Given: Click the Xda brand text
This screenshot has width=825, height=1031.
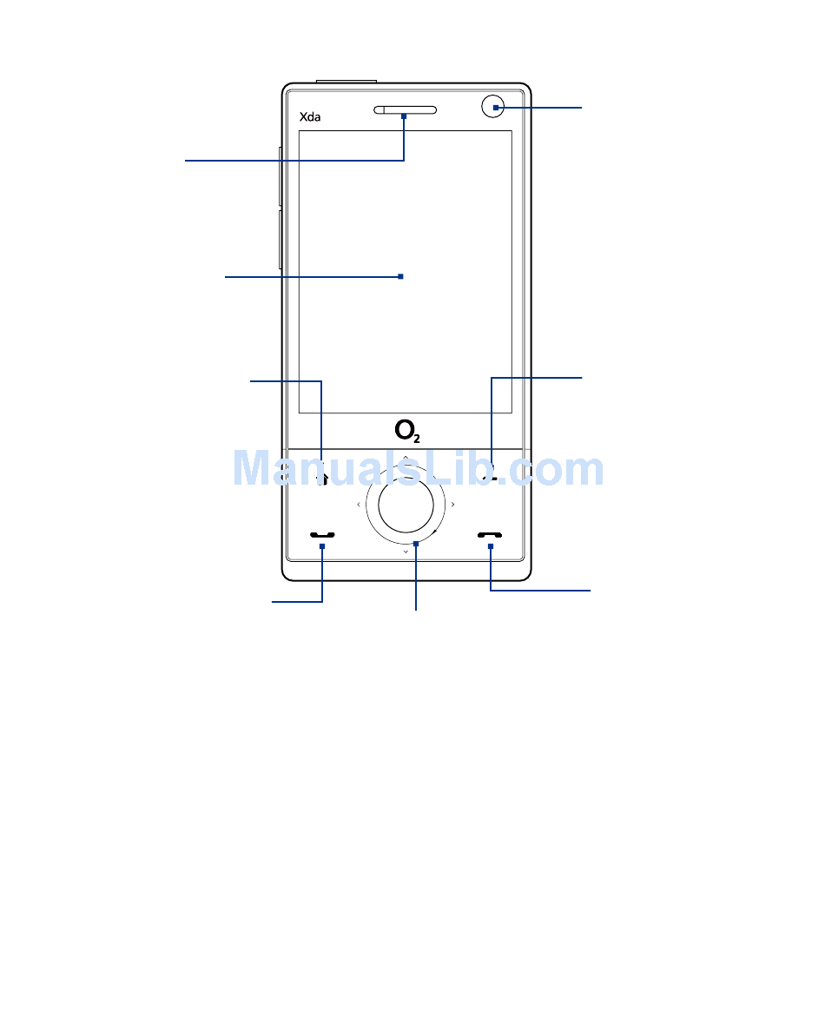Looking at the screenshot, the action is tap(310, 117).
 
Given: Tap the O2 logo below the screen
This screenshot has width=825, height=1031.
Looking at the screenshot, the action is tap(407, 431).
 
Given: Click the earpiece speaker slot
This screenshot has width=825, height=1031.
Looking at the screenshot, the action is tap(405, 109).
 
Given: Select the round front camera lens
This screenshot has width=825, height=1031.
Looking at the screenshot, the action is tap(493, 107).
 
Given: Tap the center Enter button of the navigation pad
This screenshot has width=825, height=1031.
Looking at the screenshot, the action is tap(406, 505).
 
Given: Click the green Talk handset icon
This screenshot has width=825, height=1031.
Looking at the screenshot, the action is tap(322, 535).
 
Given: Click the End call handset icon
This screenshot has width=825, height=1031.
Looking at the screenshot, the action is tap(490, 535).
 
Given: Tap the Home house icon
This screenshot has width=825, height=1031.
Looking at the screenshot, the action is tap(322, 479).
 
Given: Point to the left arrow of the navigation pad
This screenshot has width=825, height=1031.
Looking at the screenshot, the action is tap(359, 505).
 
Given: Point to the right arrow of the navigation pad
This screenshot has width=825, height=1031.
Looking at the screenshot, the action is tap(453, 505).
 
